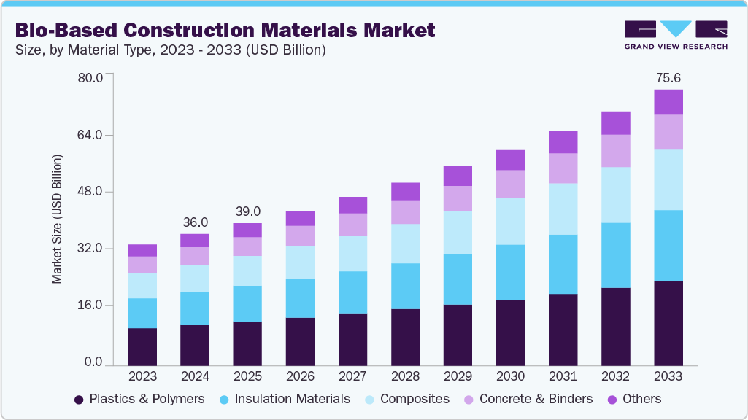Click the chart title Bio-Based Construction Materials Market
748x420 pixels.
pos(225,30)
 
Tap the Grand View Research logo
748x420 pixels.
pos(676,34)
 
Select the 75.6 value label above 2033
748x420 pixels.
pos(668,78)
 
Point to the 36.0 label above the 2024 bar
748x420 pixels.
pos(195,222)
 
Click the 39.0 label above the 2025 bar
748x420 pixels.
pos(247,211)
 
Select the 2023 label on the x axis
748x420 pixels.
pos(142,376)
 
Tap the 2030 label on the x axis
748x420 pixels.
pos(510,376)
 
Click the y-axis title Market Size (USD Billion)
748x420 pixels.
pos(57,219)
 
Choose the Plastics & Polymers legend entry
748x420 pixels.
pos(139,399)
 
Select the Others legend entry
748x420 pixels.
pos(633,399)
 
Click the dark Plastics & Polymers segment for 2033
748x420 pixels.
pos(668,322)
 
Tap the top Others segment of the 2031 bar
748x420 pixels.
pos(563,142)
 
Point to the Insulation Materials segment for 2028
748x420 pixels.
pos(405,286)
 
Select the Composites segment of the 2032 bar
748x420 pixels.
pos(615,195)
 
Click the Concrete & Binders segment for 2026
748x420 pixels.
pos(300,236)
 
